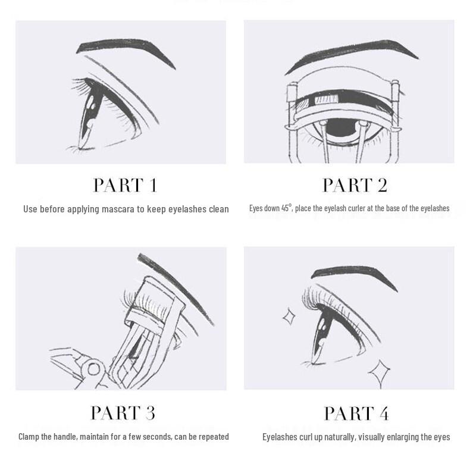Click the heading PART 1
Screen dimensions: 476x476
[125, 186]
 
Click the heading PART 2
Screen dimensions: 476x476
[355, 186]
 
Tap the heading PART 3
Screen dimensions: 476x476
[123, 413]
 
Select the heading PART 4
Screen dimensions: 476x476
[356, 413]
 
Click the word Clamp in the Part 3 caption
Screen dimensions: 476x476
[30, 437]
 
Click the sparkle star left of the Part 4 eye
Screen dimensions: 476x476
[289, 317]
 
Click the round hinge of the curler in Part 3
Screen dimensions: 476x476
[94, 369]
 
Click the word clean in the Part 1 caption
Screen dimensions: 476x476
[218, 209]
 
